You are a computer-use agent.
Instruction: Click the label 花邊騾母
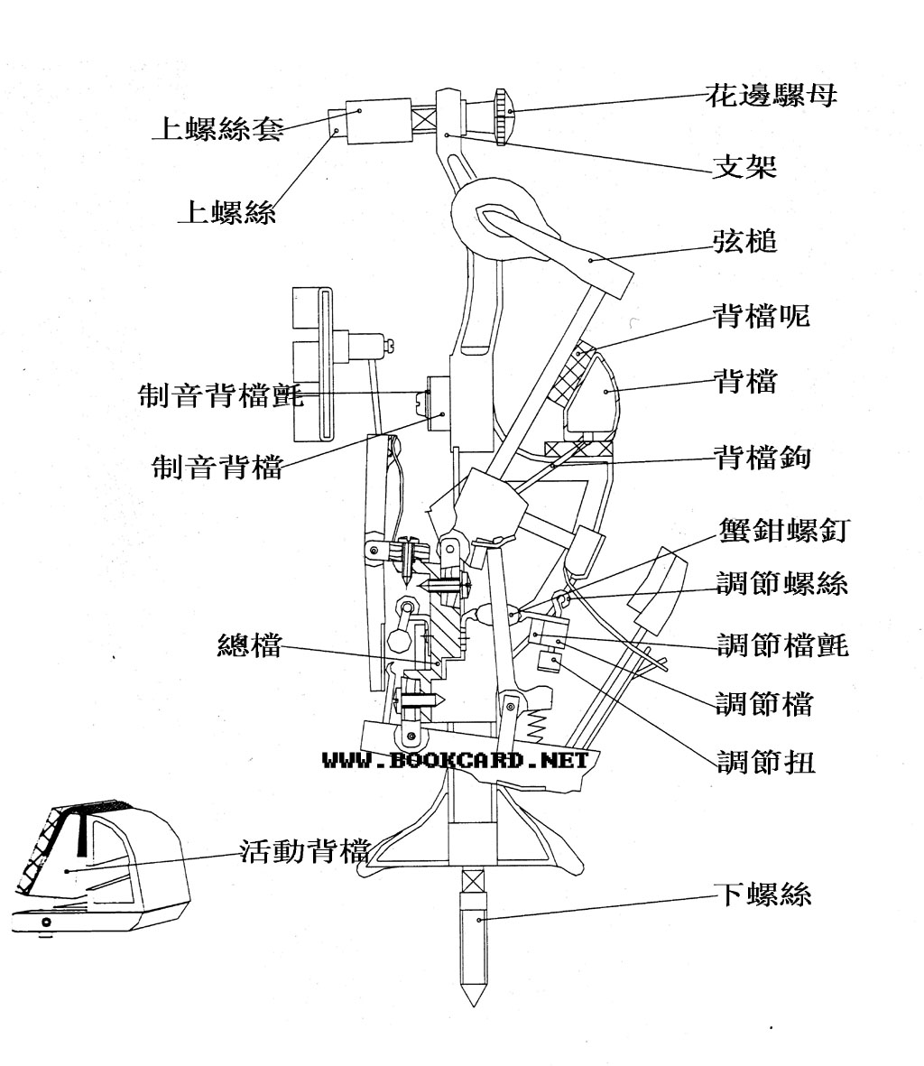tap(770, 95)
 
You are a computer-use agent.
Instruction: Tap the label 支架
tap(744, 166)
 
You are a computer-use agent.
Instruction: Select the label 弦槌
tap(744, 242)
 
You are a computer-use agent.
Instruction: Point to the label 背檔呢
tap(761, 316)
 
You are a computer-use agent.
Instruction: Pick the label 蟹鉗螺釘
tap(781, 530)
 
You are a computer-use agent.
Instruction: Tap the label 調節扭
tap(765, 763)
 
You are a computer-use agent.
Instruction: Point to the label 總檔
tap(249, 646)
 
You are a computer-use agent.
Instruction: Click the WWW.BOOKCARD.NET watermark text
tap(455, 760)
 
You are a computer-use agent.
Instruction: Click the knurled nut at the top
tap(504, 116)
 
